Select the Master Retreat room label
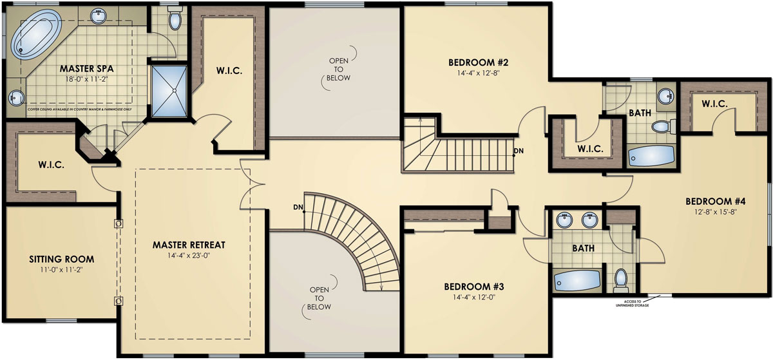pos(188,245)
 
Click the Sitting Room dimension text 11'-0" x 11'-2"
pos(61,270)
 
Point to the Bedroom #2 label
pos(479,62)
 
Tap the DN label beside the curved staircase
pos(298,207)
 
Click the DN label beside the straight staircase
pos(519,153)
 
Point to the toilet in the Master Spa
pos(175,20)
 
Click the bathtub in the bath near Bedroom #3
pos(577,280)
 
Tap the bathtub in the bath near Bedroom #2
pos(651,155)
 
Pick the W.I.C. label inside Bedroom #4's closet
pos(714,104)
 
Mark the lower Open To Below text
pos(320,298)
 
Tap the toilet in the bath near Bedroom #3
pos(621,278)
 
